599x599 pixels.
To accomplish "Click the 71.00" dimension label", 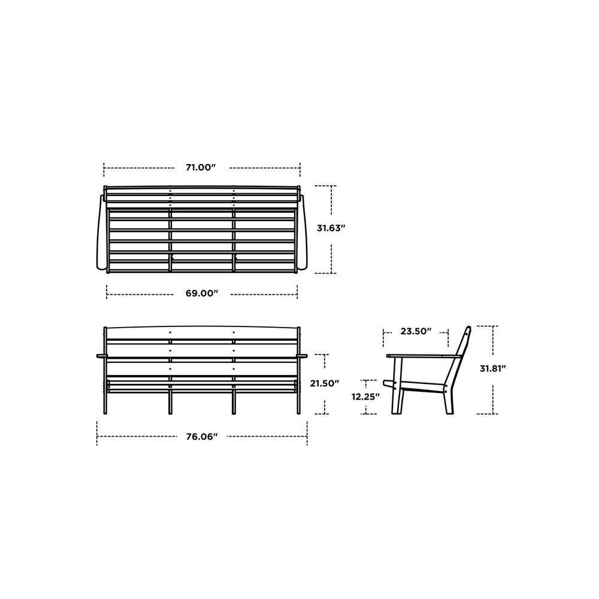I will click(200, 168).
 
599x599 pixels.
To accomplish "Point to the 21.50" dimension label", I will click(325, 383).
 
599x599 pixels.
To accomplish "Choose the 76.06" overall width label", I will click(201, 437).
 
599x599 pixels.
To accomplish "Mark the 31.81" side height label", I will click(493, 369).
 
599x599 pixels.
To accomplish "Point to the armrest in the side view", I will click(422, 356).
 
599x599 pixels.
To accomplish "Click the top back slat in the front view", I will click(201, 333).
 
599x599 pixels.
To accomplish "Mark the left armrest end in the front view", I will click(99, 356).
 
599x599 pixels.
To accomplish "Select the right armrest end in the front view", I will click(304, 356).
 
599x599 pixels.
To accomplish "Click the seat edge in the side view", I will click(422, 388).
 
